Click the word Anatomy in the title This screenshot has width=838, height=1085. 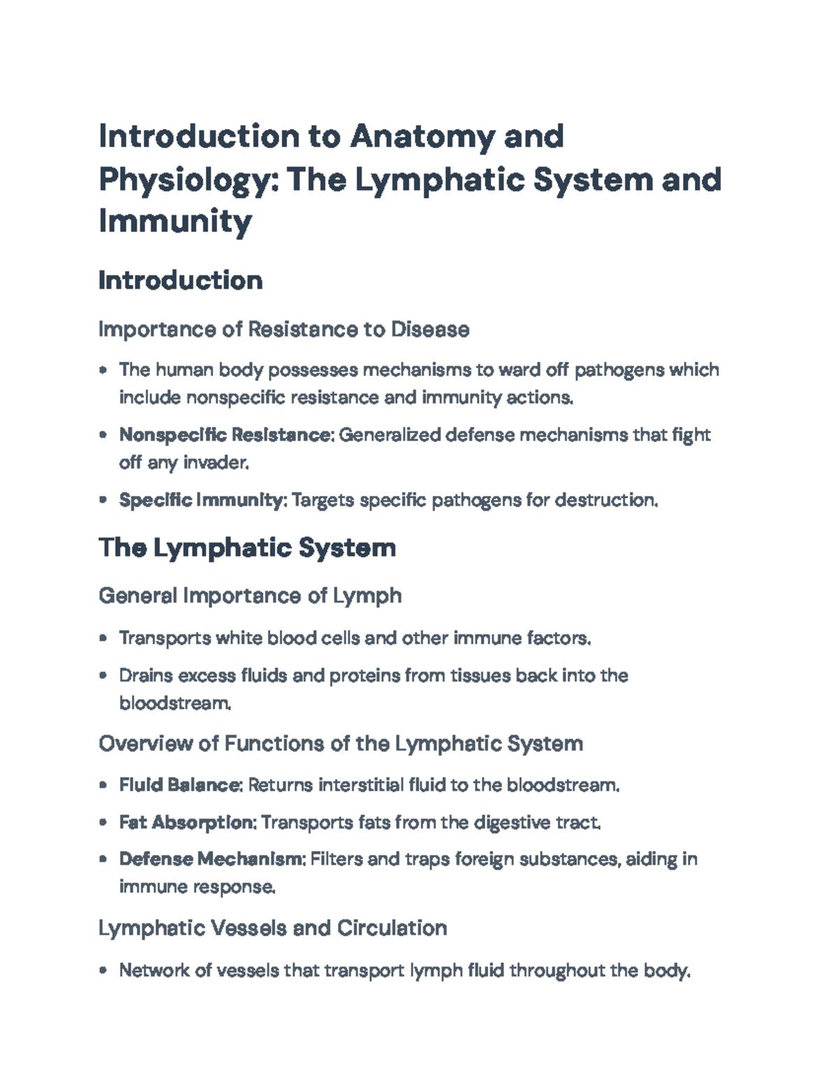pyautogui.click(x=422, y=136)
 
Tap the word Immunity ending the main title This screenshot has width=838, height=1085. pyautogui.click(x=175, y=221)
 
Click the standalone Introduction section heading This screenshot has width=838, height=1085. pyautogui.click(x=181, y=281)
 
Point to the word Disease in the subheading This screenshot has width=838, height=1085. pyautogui.click(x=429, y=329)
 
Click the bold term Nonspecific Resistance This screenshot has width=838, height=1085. pyautogui.click(x=224, y=435)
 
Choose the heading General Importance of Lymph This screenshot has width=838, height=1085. pyautogui.click(x=250, y=596)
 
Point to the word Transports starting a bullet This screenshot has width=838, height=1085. pyautogui.click(x=165, y=639)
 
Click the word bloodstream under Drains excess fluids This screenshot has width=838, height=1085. pyautogui.click(x=174, y=704)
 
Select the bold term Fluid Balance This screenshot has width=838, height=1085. pyautogui.click(x=179, y=785)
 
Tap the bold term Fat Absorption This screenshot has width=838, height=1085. pyautogui.click(x=186, y=822)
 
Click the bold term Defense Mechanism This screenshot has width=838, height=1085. pyautogui.click(x=212, y=859)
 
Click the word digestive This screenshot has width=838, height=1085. pyautogui.click(x=512, y=822)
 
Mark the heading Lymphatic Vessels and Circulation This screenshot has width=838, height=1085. pyautogui.click(x=272, y=928)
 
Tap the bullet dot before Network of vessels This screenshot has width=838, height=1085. pyautogui.click(x=103, y=970)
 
